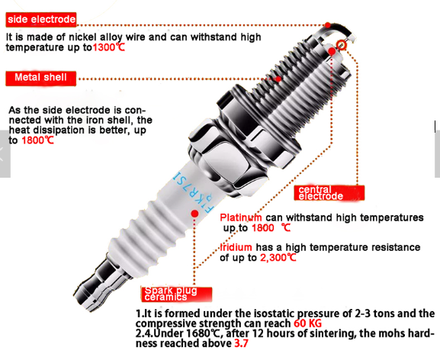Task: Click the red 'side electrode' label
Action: (41, 20)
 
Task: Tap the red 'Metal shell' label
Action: (41, 78)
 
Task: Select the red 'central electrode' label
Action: (329, 193)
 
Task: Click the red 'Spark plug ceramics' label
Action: (176, 294)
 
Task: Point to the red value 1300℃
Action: (108, 47)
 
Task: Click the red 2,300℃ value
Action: (278, 258)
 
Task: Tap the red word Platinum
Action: (241, 217)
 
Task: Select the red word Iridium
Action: (236, 247)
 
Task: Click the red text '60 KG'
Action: (307, 323)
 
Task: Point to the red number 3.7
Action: (241, 343)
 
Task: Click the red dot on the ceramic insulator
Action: (194, 214)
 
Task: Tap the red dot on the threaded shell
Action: (278, 79)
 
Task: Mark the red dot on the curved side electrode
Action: (327, 25)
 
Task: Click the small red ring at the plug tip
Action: (342, 44)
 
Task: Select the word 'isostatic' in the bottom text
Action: (275, 313)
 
